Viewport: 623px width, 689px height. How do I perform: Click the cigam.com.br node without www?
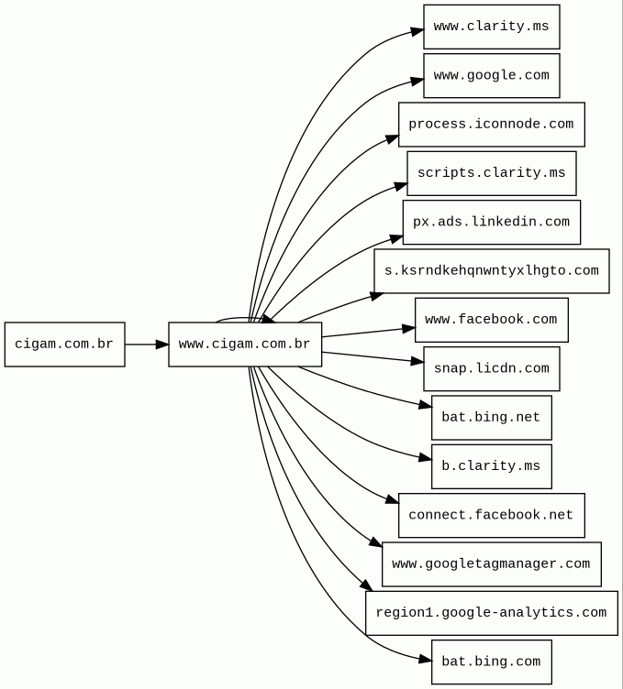[x=64, y=344]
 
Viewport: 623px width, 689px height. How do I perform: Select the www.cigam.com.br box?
[x=245, y=344]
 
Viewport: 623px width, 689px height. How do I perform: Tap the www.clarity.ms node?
[x=492, y=27]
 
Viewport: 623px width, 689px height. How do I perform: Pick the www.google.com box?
[x=492, y=75]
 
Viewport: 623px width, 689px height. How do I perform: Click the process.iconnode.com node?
[x=492, y=125]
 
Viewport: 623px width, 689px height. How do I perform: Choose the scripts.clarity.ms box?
[x=492, y=173]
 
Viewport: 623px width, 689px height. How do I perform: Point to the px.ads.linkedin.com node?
[x=492, y=222]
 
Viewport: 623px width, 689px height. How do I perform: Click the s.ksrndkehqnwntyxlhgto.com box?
[x=492, y=270]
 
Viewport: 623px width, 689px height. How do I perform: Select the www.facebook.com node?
[x=492, y=320]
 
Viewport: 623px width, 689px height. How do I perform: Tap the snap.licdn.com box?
[x=492, y=368]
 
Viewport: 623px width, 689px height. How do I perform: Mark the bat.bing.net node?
[x=492, y=418]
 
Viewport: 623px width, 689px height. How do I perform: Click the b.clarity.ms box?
[x=492, y=466]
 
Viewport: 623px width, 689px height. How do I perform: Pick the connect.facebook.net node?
[x=492, y=515]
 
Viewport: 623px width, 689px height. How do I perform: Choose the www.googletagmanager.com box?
[x=492, y=563]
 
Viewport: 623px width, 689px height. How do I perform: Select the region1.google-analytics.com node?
[x=492, y=613]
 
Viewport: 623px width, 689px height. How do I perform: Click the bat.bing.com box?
[x=492, y=662]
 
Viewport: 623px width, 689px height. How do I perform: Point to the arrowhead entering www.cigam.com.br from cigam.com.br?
[x=162, y=344]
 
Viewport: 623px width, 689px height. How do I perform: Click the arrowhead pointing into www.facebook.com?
[x=408, y=328]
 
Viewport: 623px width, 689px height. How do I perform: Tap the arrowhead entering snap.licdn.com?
[x=417, y=362]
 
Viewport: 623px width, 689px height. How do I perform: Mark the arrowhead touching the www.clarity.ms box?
[x=417, y=31]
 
